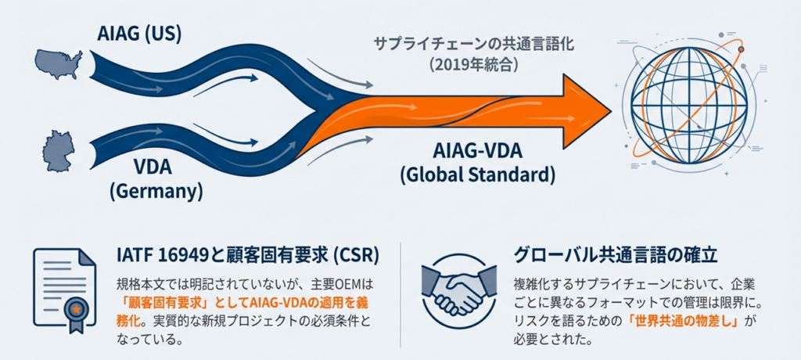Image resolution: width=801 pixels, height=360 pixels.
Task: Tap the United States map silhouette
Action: pyautogui.click(x=59, y=63)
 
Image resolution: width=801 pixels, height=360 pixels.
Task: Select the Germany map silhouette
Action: pyautogui.click(x=59, y=150)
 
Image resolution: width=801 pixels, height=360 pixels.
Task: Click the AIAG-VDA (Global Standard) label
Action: pyautogui.click(x=477, y=162)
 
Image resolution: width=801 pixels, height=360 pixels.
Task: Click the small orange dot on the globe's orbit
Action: pyautogui.click(x=741, y=50)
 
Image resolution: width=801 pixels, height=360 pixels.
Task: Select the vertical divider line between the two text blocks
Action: pyautogui.click(x=400, y=293)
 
